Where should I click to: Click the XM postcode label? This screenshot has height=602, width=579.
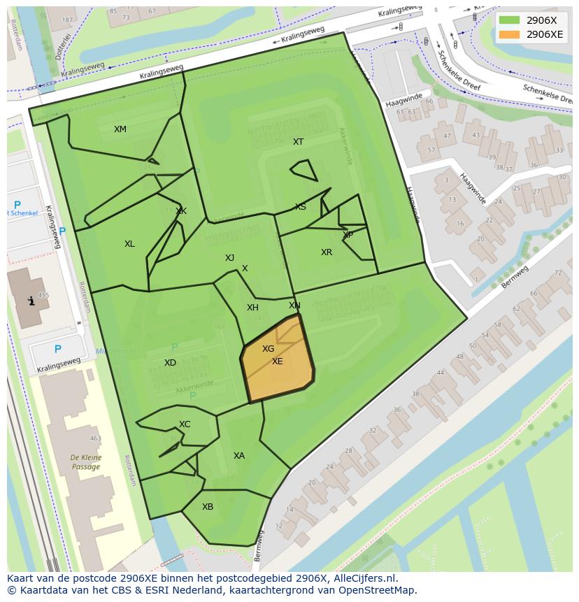pos(120,129)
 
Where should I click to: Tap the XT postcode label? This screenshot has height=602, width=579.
pos(299,142)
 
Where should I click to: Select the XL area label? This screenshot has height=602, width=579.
pos(129,244)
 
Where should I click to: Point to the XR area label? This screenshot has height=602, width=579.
pos(327,252)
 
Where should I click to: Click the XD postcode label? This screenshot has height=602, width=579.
pos(170,363)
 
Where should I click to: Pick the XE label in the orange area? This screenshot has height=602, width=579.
pos(278,361)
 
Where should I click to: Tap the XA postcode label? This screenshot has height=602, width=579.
pos(239,456)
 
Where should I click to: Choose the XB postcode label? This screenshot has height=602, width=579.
pos(208,507)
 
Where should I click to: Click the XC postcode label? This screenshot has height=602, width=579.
pos(185,424)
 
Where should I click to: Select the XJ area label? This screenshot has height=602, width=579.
pos(229,258)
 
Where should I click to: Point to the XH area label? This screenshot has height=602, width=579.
pos(252,308)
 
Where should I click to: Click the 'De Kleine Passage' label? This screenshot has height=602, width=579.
pos(85,462)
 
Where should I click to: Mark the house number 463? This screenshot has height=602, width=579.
pos(95,439)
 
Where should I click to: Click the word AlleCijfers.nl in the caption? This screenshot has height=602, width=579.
pos(364,578)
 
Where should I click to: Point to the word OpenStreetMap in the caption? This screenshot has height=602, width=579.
pos(378,590)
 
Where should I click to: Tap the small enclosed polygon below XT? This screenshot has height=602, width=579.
pos(303,170)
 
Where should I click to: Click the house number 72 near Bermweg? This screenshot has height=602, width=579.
pos(558,273)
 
